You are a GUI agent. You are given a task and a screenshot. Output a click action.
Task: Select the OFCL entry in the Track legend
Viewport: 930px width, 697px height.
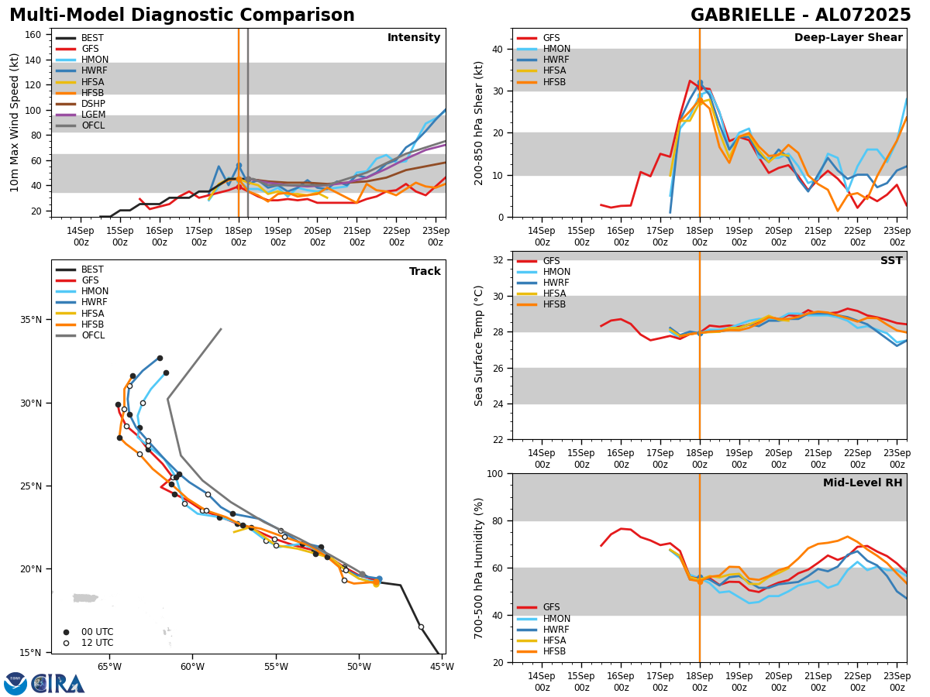pos(92,335)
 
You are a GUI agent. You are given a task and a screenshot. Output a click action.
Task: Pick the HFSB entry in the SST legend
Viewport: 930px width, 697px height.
pos(554,304)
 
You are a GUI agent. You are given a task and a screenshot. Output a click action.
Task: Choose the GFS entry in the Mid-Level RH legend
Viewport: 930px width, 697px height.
pos(551,607)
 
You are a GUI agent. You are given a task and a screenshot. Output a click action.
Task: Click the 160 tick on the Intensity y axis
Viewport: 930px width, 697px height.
pos(35,35)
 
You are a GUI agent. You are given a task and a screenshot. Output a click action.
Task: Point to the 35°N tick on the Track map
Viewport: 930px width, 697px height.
pos(32,320)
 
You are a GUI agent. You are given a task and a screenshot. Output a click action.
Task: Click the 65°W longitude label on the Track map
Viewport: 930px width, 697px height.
pos(109,667)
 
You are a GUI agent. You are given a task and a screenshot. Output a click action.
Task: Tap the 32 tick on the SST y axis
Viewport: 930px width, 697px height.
pos(498,260)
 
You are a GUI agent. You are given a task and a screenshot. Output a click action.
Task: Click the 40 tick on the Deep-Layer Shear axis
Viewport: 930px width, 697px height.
pos(498,49)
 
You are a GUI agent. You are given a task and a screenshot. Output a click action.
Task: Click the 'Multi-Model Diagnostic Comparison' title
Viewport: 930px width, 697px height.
pos(182,15)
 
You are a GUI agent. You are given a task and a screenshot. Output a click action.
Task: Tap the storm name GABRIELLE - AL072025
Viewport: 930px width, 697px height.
pos(801,15)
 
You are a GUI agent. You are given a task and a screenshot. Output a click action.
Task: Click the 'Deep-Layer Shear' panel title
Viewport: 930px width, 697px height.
pos(848,38)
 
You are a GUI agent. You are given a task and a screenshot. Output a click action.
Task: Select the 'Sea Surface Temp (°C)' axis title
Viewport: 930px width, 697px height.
pos(479,345)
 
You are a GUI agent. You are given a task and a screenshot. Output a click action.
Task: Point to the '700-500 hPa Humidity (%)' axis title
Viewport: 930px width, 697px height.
pos(479,568)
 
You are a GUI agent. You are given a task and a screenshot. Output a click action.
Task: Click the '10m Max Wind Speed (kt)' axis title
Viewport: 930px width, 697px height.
pos(15,122)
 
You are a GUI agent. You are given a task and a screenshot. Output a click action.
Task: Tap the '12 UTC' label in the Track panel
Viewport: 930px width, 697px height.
pos(97,643)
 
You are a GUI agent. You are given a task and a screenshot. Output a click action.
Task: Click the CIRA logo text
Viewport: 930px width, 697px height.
pos(58,684)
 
